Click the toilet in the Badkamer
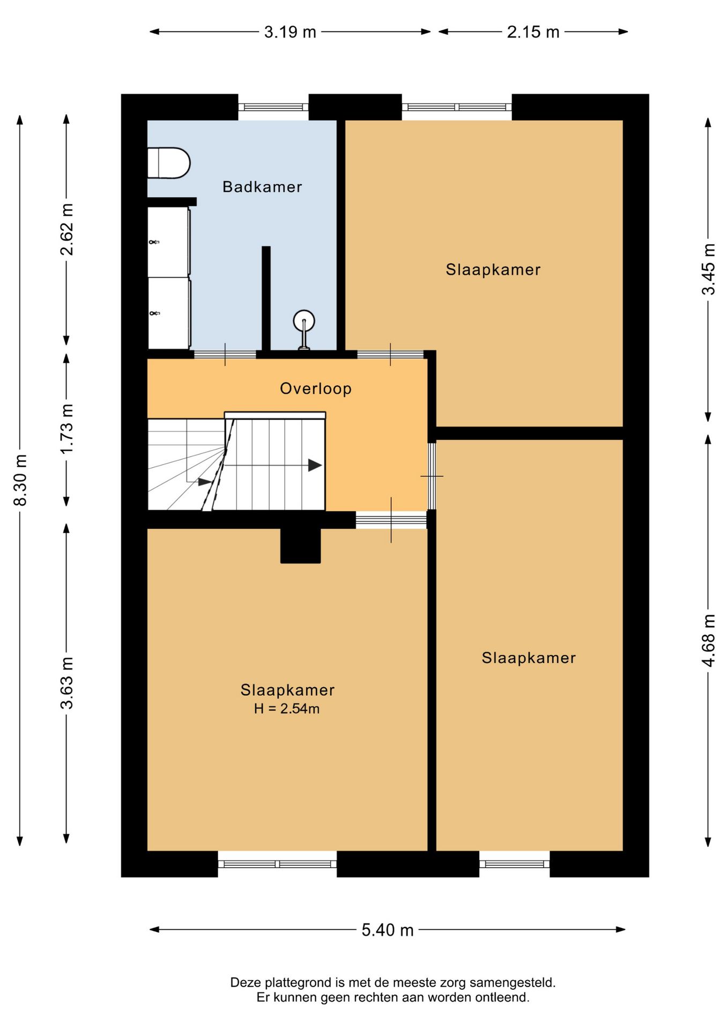[169, 163]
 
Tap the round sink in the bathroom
[303, 321]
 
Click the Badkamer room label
[262, 187]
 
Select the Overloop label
[316, 388]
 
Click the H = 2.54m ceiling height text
[287, 709]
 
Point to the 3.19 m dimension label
[290, 32]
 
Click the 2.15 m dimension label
[533, 32]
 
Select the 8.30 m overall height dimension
[20, 480]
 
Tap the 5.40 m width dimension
[387, 930]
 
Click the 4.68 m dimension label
[708, 641]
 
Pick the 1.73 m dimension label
[66, 429]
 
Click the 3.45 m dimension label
[708, 269]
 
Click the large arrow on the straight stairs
[315, 465]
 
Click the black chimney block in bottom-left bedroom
[300, 546]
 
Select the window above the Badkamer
[273, 107]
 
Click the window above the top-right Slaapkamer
[457, 107]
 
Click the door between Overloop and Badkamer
[225, 354]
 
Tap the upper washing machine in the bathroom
[169, 242]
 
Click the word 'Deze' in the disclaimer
[246, 982]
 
